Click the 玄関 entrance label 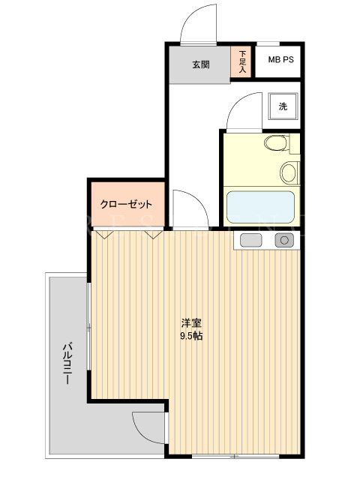point(201,64)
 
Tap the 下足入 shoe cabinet point(241,61)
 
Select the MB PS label point(280,59)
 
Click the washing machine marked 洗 point(283,106)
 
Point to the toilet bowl point(276,143)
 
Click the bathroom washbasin point(289,173)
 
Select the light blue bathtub point(260,207)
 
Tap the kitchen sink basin point(251,240)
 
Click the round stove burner point(284,240)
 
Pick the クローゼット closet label point(126,204)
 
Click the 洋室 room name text point(191,322)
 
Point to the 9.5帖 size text point(191,336)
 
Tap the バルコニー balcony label point(67,363)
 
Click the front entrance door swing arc point(190,15)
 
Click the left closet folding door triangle point(104,235)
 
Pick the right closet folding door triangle point(154,235)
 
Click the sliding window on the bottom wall point(235,456)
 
